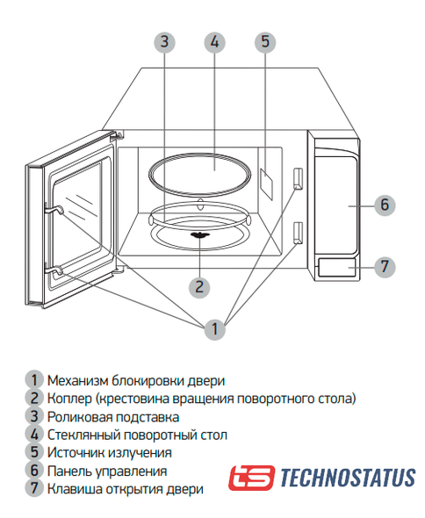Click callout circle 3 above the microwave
coord(164,42)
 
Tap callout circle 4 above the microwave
coord(215,42)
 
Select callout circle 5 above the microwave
coord(265,42)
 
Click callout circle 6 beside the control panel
coord(385,205)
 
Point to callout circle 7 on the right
coord(385,266)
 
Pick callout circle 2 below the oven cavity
coord(199,287)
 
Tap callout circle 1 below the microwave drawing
coord(215,329)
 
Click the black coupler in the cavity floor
coord(199,235)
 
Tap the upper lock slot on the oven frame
coord(298,179)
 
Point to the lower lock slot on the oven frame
coord(298,233)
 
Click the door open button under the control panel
coord(336,267)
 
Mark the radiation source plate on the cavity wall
coord(267,184)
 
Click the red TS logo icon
coord(251,478)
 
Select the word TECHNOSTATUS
coord(348,478)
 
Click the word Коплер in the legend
coord(69,399)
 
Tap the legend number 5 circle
coord(34,452)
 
